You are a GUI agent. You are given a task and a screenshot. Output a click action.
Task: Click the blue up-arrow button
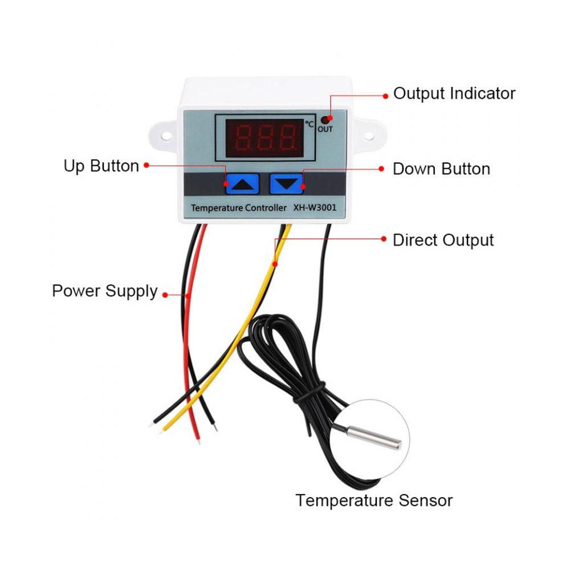coord(242,184)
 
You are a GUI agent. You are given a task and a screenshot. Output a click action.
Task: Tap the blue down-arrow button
coord(287,184)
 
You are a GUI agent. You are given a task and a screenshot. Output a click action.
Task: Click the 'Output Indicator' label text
coord(454,93)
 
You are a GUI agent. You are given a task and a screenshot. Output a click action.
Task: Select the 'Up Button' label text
coord(101,166)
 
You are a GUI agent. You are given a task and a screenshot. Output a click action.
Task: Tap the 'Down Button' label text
coord(441,169)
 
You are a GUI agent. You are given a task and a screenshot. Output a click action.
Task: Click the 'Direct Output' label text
coord(443,240)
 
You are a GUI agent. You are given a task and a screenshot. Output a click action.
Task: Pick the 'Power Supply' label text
coord(104,291)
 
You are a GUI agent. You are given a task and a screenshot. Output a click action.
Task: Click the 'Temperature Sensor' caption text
coord(374,501)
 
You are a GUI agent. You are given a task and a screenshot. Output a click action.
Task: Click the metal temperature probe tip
coord(376,439)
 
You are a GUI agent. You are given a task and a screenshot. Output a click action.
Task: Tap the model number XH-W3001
coord(314,208)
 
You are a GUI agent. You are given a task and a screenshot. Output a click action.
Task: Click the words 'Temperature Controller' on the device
coord(238,209)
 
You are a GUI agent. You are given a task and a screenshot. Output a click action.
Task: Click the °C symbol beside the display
coord(308,123)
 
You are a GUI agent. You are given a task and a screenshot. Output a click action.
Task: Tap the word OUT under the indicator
coord(325,129)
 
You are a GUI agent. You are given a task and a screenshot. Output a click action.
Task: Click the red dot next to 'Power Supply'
coord(165,295)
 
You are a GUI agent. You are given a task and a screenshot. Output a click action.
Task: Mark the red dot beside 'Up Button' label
coord(146,165)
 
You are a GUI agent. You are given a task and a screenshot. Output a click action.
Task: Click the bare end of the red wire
coord(198,439)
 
